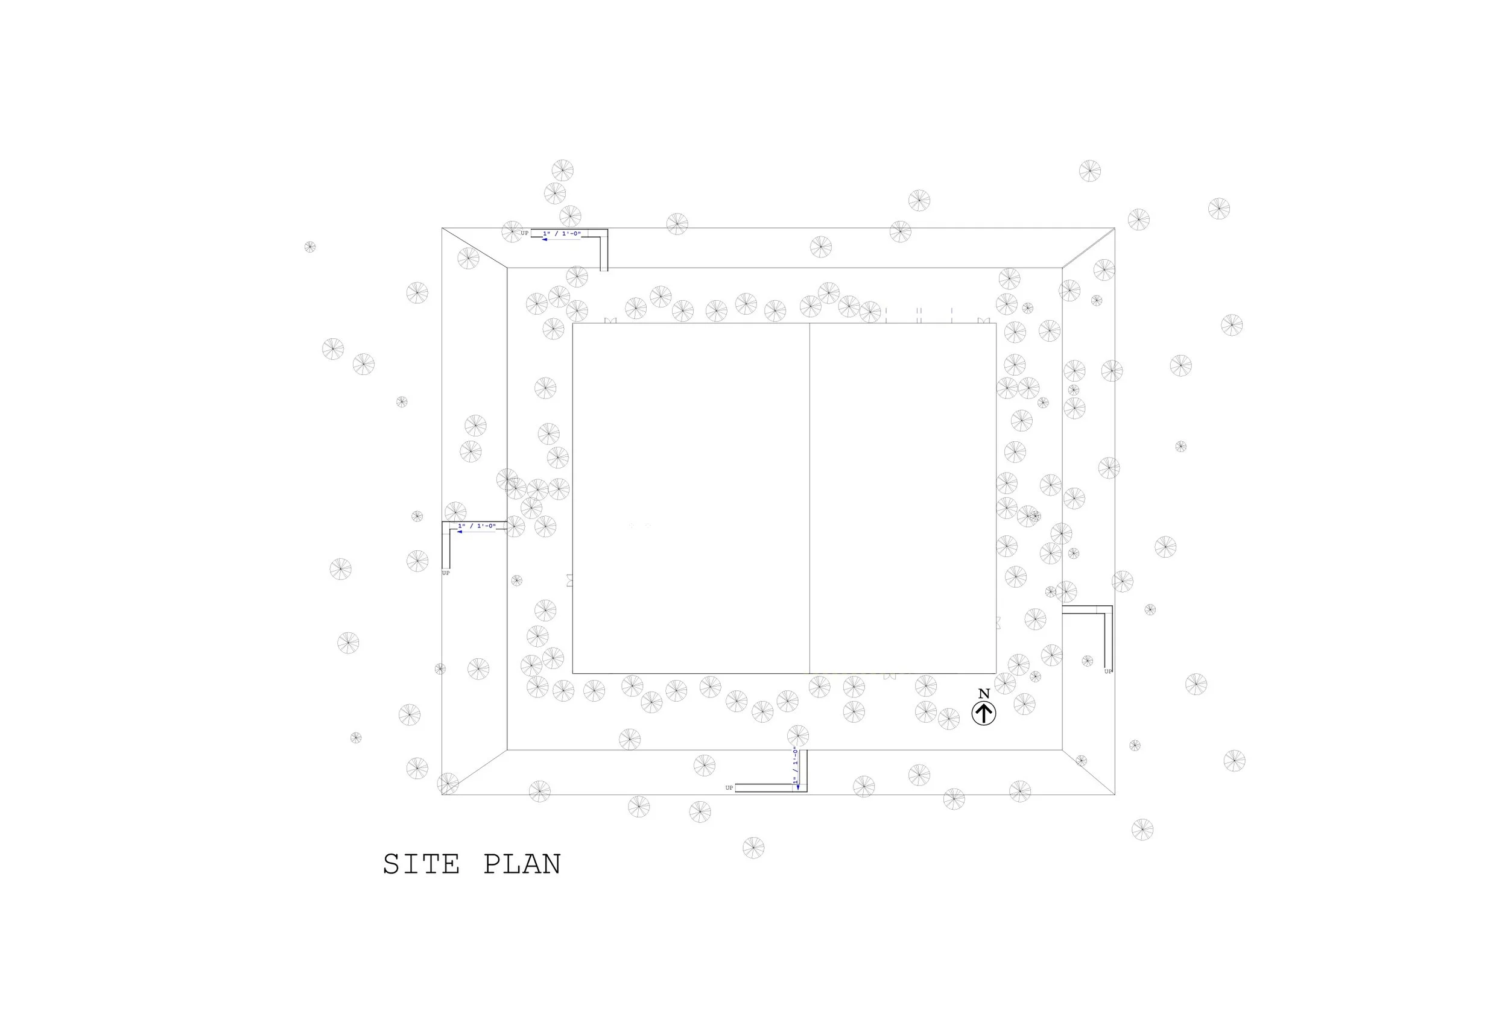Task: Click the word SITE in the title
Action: click(421, 864)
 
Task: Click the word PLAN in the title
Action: click(522, 864)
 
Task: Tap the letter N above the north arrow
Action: click(984, 694)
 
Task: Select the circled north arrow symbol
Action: click(984, 713)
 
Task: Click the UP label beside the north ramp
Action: click(524, 233)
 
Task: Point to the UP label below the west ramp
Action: click(446, 573)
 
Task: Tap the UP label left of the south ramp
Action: click(729, 788)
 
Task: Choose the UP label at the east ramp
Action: click(1108, 671)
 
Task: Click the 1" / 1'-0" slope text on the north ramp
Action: click(562, 233)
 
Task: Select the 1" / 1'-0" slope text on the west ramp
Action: click(477, 526)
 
